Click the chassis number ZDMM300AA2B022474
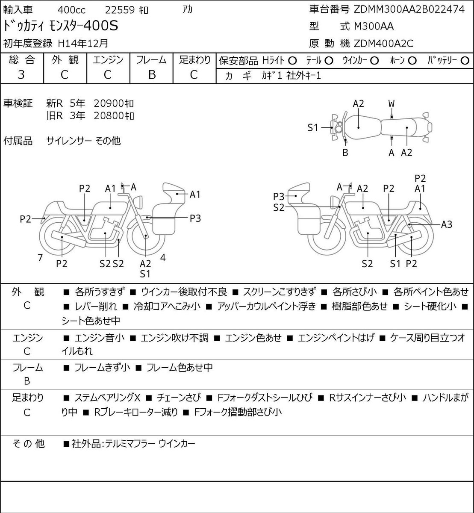tap(409, 9)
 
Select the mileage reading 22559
tap(120, 10)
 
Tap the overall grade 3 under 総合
tap(21, 75)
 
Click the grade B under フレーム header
tap(152, 75)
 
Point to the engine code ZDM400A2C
tap(383, 44)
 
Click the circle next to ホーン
tap(412, 61)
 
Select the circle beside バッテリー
tap(465, 61)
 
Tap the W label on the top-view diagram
tap(392, 104)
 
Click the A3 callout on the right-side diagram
tap(447, 224)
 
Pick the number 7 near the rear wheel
tap(40, 257)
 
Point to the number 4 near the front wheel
tap(163, 257)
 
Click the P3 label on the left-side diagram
tap(195, 218)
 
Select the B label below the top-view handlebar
tap(345, 153)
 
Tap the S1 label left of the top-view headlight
tap(312, 127)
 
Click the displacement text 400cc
tap(71, 10)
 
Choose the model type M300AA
tap(374, 27)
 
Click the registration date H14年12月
tap(83, 44)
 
